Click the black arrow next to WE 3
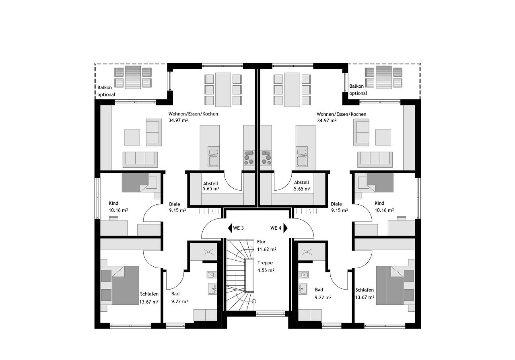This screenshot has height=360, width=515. pyautogui.click(x=230, y=228)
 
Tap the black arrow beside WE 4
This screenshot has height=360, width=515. pyautogui.click(x=286, y=228)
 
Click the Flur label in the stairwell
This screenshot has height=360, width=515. pyautogui.click(x=261, y=242)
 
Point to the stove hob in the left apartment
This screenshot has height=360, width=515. pyautogui.click(x=249, y=158)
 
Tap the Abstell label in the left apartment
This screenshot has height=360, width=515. pyautogui.click(x=210, y=183)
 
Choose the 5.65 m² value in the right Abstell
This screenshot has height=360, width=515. pyautogui.click(x=302, y=189)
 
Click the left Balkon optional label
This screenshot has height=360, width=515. pyautogui.click(x=106, y=91)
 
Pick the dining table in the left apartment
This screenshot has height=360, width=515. pyautogui.click(x=223, y=90)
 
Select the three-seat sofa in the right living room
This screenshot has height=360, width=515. pyautogui.click(x=375, y=160)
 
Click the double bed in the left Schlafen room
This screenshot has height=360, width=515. pyautogui.click(x=125, y=286)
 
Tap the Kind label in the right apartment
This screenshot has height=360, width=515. pyautogui.click(x=379, y=203)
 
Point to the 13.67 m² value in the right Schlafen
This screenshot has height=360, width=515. pyautogui.click(x=365, y=297)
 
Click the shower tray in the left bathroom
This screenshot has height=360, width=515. pyautogui.click(x=204, y=252)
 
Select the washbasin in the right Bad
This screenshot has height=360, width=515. pyautogui.click(x=303, y=289)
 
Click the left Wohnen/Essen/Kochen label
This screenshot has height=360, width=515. pyautogui.click(x=193, y=114)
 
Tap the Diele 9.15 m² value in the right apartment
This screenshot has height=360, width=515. pyautogui.click(x=339, y=210)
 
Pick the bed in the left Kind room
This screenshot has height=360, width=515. pyautogui.click(x=135, y=183)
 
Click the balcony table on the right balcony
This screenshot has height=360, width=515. pyautogui.click(x=383, y=78)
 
